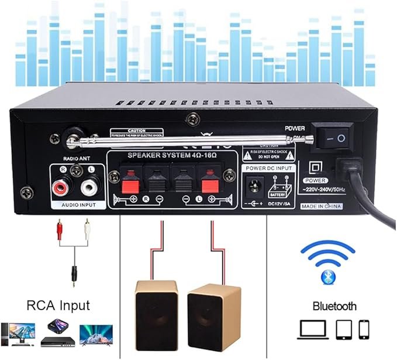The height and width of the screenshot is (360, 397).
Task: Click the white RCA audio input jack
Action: tap(89, 188)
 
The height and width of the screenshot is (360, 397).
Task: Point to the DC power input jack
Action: tap(255, 187)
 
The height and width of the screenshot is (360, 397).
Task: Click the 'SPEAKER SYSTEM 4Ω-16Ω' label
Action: tap(172, 157)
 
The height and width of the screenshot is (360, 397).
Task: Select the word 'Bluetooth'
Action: tap(334, 306)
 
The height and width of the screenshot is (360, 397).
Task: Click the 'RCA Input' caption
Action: tap(58, 305)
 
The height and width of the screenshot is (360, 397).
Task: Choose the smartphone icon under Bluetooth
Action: tap(364, 329)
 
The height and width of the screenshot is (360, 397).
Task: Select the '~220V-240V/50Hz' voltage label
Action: tap(325, 190)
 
